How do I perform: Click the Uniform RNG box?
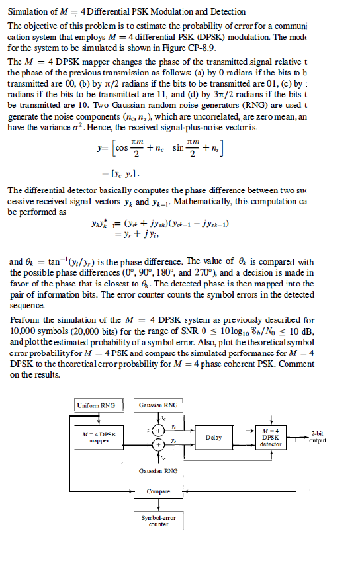click(x=96, y=405)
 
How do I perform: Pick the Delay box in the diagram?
click(x=214, y=437)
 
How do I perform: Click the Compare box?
click(x=159, y=492)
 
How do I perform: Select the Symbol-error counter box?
click(x=159, y=520)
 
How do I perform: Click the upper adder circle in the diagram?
click(x=159, y=430)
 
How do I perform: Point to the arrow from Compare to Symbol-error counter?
click(x=159, y=504)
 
